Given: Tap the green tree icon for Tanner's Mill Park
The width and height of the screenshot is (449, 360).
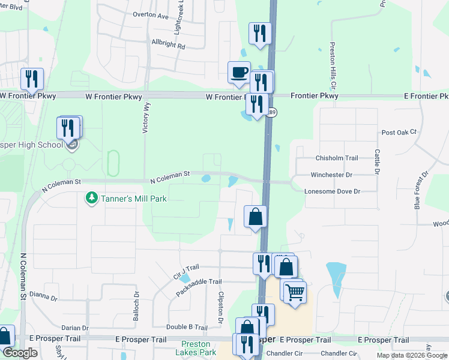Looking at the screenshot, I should point(91,197).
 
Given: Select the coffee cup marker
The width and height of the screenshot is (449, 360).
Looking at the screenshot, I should point(239,73).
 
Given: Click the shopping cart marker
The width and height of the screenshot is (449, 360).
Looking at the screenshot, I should point(295,293).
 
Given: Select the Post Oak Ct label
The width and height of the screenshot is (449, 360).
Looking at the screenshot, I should point(399,132).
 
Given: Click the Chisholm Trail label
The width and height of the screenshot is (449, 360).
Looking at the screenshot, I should point(337,158).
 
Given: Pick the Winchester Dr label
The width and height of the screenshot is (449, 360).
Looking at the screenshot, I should point(331,175).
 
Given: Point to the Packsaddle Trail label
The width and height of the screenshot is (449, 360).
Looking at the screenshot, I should point(199,286).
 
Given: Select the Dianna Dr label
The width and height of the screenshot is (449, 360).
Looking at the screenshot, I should point(43,296).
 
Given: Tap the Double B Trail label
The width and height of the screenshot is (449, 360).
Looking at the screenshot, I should point(187,327).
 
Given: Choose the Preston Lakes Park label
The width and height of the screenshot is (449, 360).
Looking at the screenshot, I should point(196,349).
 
